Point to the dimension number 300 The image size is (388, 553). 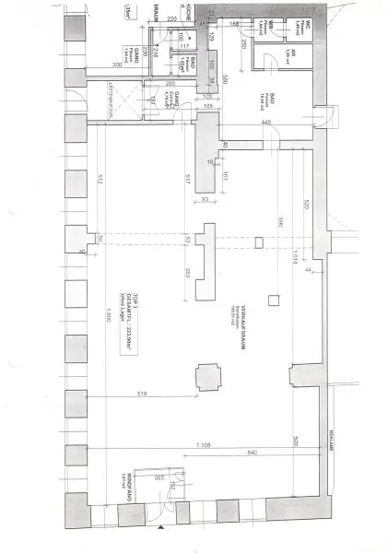click(118, 65)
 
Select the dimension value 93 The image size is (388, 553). click(205, 201)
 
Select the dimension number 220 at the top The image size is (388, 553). click(172, 18)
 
